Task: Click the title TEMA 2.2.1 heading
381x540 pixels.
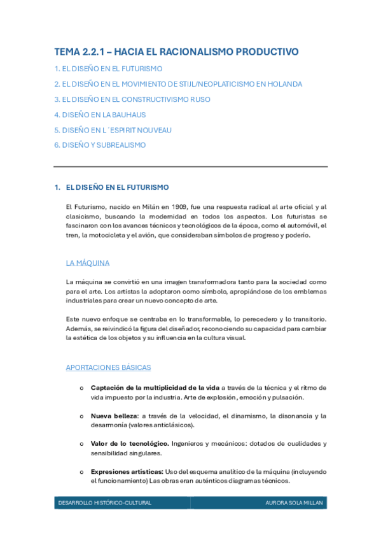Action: coord(176,52)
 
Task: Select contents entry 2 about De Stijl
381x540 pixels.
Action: coord(178,84)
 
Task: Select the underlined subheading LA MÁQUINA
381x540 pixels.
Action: coord(88,262)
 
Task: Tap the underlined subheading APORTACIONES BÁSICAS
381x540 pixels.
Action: coord(108,367)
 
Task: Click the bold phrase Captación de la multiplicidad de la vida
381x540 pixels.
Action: coord(155,387)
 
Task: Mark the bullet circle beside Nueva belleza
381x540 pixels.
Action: coord(81,416)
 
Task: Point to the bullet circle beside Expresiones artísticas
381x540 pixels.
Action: coord(81,472)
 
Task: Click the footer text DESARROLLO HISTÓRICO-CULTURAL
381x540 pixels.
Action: coord(105,503)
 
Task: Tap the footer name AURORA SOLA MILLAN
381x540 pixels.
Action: coord(294,503)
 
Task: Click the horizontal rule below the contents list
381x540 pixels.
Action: coord(191,167)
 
